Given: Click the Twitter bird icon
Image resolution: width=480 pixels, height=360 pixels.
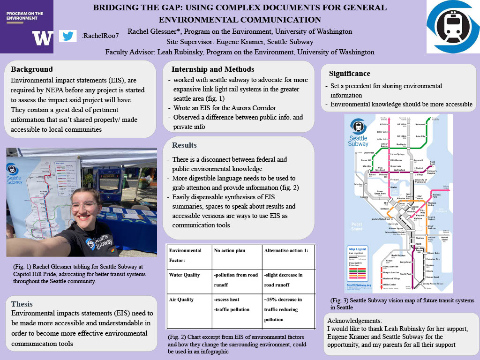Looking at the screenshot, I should (68, 36).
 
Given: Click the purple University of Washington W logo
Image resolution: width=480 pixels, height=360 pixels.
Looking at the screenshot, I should (42, 37).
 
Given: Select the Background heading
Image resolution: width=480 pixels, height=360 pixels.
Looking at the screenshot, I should (32, 69).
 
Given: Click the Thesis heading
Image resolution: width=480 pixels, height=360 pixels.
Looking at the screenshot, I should (22, 304).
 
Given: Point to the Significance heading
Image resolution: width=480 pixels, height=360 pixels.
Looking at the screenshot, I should (350, 73).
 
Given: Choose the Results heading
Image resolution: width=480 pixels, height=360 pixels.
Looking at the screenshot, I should (184, 145).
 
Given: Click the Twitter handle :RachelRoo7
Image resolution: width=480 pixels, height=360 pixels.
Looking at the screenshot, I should (100, 36).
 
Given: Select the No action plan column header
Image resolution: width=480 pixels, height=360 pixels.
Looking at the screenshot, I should (229, 250).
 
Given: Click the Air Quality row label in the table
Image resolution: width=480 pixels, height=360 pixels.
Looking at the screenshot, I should (182, 299).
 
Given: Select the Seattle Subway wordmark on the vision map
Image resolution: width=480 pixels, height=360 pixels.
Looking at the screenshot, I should (358, 141).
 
